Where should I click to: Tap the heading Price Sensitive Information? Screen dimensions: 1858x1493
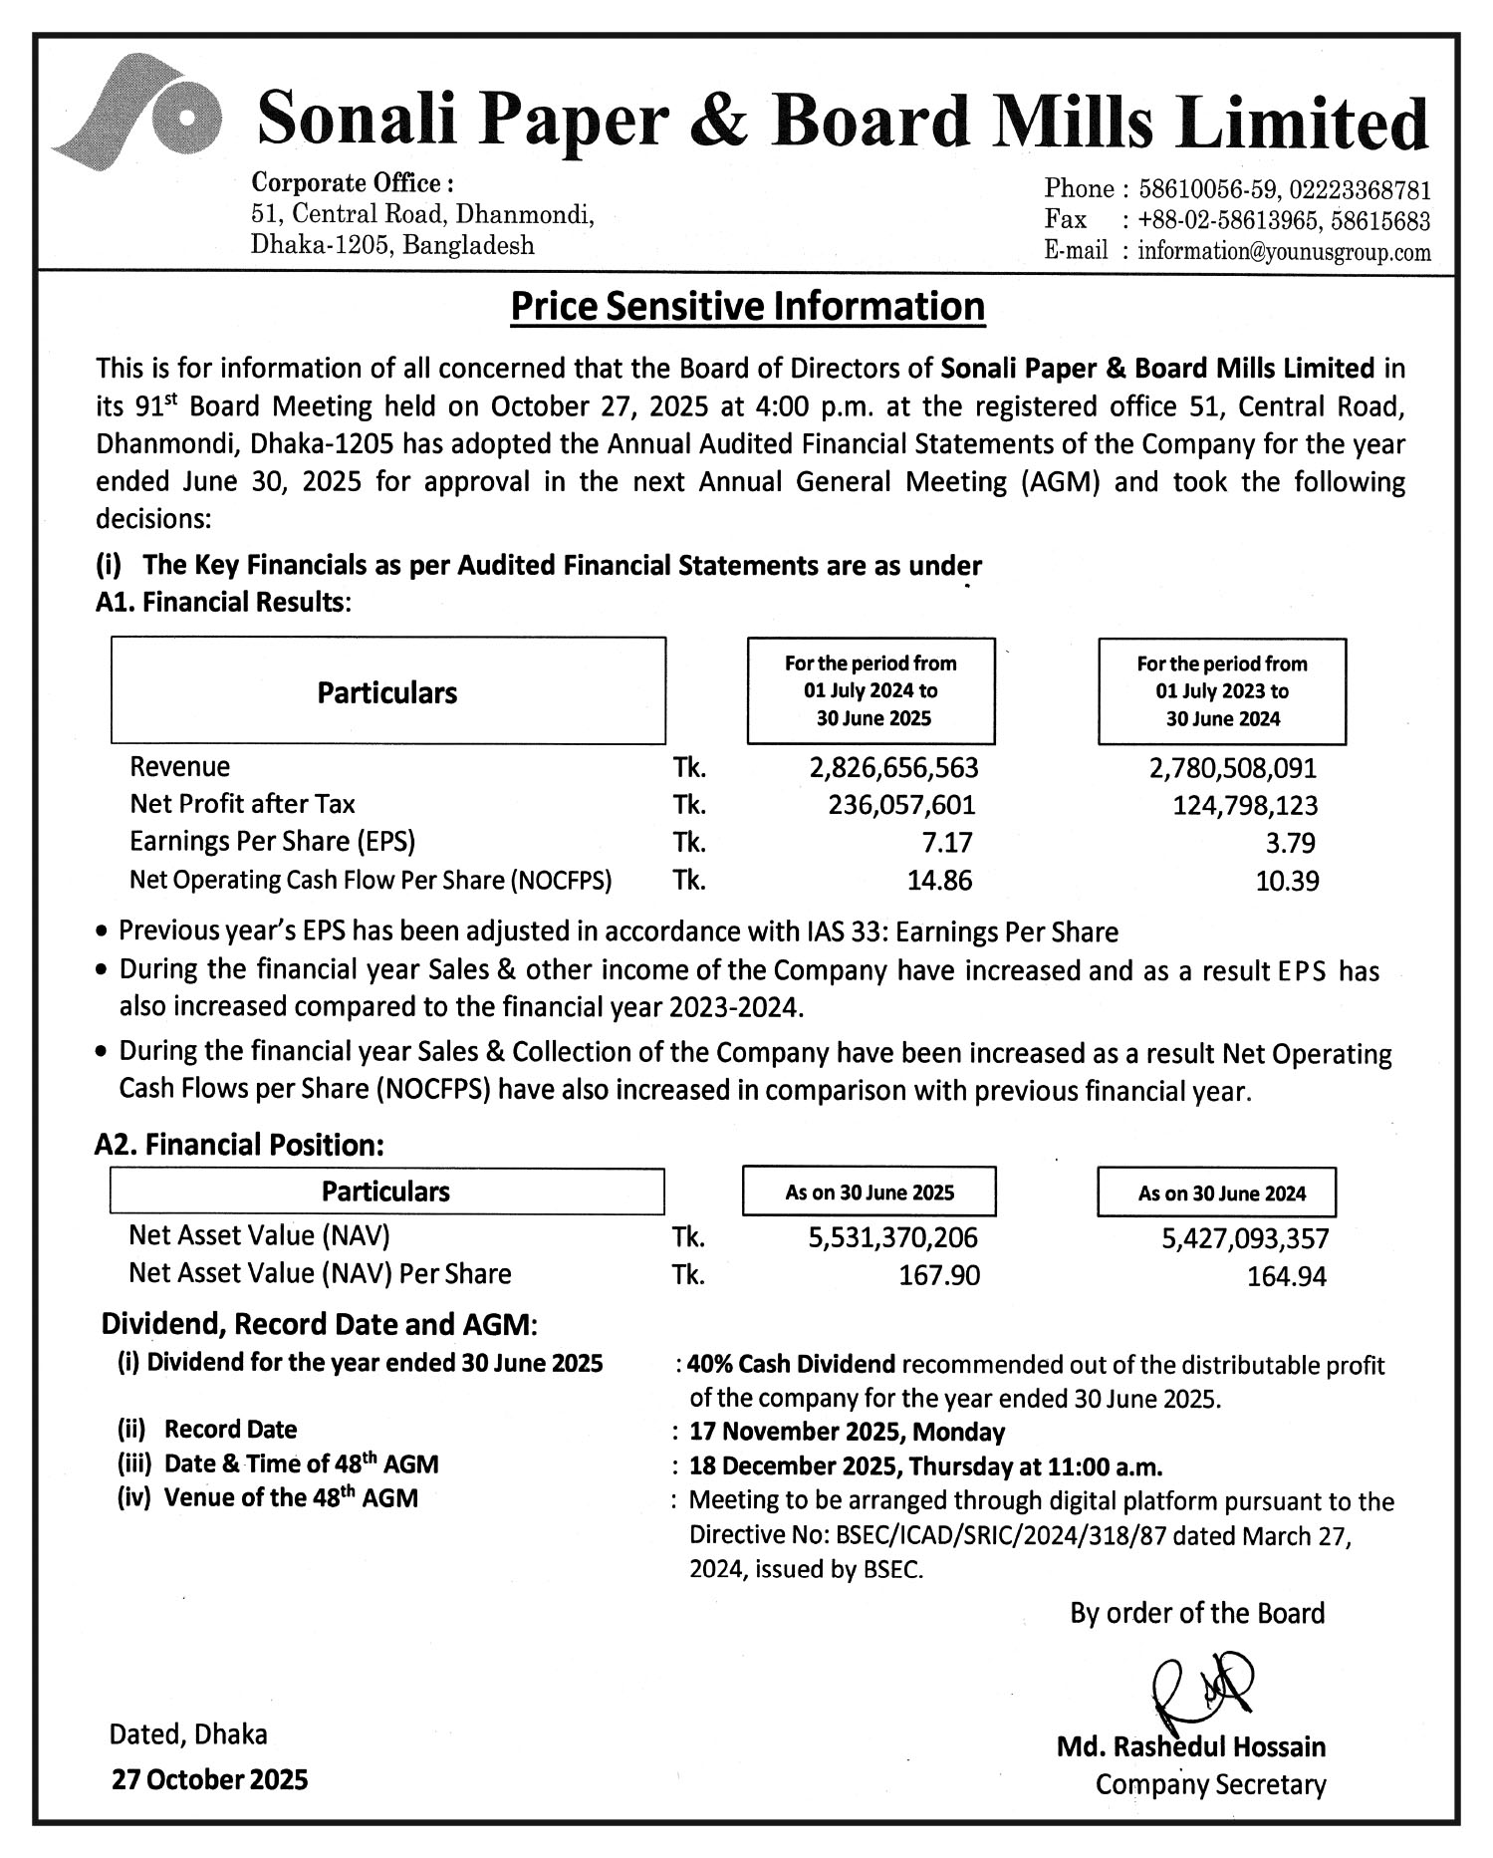pos(747,306)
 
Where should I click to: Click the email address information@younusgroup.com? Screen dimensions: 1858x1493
pos(1284,252)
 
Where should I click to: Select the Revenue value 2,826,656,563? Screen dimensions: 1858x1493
pos(893,768)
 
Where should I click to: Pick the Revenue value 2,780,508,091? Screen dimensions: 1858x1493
pos(1232,768)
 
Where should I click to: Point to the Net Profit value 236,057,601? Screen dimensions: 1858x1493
pos(901,805)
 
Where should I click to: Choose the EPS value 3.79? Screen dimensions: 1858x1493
pos(1290,843)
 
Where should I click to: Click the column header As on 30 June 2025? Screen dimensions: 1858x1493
pos(869,1193)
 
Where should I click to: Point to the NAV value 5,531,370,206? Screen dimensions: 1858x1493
pos(892,1238)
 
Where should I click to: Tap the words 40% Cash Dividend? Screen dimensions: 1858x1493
pos(791,1364)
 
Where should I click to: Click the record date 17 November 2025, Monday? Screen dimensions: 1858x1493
pos(847,1432)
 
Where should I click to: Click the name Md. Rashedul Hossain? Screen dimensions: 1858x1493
pos(1190,1746)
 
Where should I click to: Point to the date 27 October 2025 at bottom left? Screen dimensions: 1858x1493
pos(209,1779)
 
